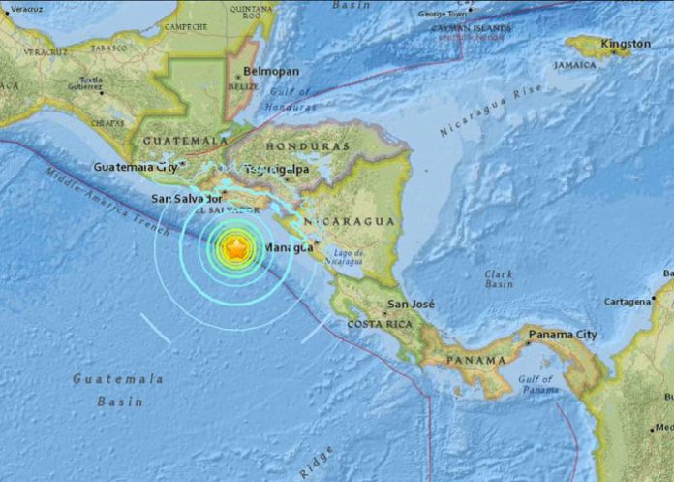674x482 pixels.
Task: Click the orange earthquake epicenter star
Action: click(x=235, y=248)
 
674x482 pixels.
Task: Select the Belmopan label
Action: click(x=271, y=72)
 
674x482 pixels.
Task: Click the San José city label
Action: click(x=412, y=305)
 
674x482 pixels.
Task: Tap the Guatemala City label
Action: click(x=137, y=167)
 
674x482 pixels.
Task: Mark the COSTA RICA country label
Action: click(x=380, y=323)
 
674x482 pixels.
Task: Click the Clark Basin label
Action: click(x=499, y=280)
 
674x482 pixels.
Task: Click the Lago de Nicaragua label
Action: click(x=345, y=258)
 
